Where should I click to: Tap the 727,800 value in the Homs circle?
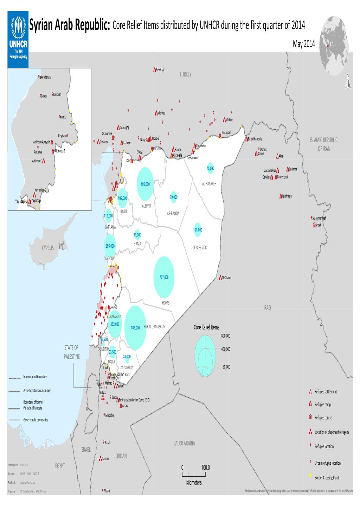click(164, 277)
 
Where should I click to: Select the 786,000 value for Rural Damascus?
click(135, 328)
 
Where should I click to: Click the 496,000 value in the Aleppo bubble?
click(145, 184)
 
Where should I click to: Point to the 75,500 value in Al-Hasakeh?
click(210, 169)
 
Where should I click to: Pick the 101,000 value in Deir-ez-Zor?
click(198, 230)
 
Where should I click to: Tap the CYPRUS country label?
click(48, 248)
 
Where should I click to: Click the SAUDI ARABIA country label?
click(184, 443)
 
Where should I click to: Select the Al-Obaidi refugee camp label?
click(226, 278)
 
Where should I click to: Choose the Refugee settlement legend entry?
click(326, 392)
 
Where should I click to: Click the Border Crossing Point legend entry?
click(327, 478)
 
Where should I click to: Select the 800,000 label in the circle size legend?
click(225, 336)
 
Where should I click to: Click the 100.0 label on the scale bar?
click(205, 468)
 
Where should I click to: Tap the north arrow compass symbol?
click(348, 81)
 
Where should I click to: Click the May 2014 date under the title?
click(304, 44)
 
